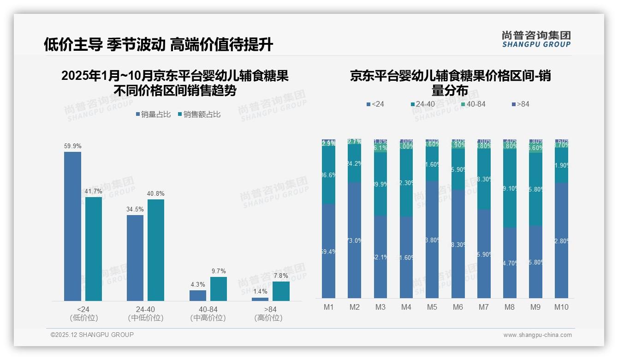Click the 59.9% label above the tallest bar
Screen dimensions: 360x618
coord(72,146)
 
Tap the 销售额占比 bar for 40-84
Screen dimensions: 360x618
coord(219,289)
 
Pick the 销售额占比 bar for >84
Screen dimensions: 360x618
coord(281,291)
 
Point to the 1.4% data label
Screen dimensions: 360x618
coord(260,292)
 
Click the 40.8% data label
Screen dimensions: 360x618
coord(156,194)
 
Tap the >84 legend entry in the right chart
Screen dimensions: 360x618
coord(520,104)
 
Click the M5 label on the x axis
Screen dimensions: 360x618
coord(432,307)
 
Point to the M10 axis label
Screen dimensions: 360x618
coord(561,307)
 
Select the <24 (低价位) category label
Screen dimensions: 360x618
coord(83,313)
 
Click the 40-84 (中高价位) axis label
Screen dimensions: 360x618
coord(208,313)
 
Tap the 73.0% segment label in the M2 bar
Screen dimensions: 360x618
coord(354,240)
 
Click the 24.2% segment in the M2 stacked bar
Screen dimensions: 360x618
coord(354,163)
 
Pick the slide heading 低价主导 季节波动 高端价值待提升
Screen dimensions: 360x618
coord(158,44)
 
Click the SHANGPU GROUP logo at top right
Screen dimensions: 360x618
coord(536,39)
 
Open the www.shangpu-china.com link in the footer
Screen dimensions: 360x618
coord(537,335)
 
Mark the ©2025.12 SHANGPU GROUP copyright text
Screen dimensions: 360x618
coord(92,335)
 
